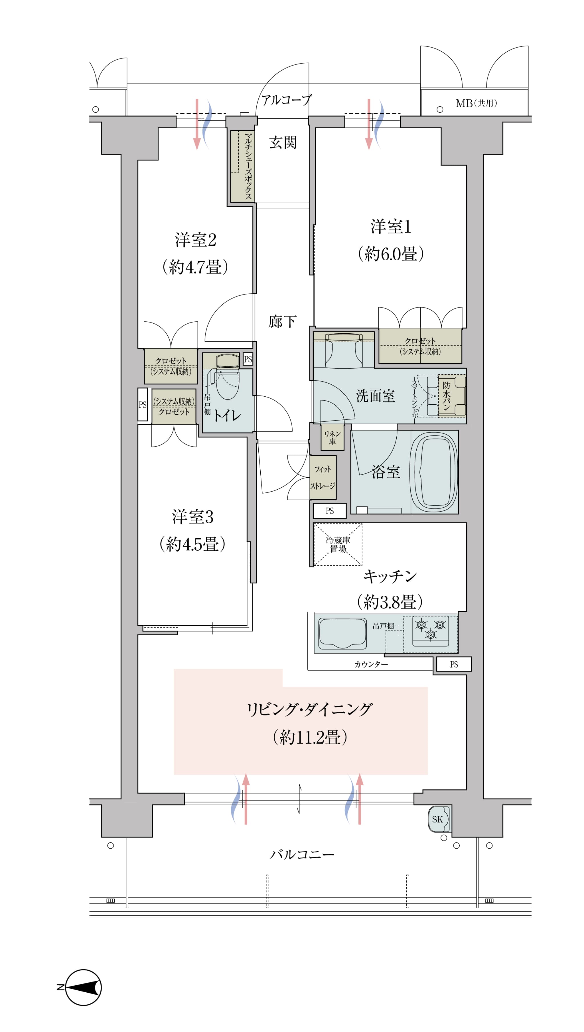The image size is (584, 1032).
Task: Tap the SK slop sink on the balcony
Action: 438,819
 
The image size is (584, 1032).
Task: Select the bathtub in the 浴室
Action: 434,472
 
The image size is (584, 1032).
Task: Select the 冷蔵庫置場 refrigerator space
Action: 338,545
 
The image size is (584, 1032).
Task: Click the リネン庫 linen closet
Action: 332,437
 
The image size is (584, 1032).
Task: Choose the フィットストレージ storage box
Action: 323,477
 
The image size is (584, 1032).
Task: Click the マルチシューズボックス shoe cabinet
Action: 243,166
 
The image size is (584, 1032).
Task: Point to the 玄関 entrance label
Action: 283,143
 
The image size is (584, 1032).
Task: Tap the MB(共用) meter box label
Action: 476,104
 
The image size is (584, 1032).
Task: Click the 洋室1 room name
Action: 391,227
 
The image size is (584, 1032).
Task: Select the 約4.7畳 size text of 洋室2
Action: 195,267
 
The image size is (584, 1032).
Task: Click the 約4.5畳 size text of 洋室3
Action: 192,544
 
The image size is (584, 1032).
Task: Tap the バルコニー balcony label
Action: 302,855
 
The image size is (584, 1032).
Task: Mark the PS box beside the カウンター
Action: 454,664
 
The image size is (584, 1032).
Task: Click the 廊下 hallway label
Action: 283,322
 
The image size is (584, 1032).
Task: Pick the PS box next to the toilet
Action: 248,359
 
